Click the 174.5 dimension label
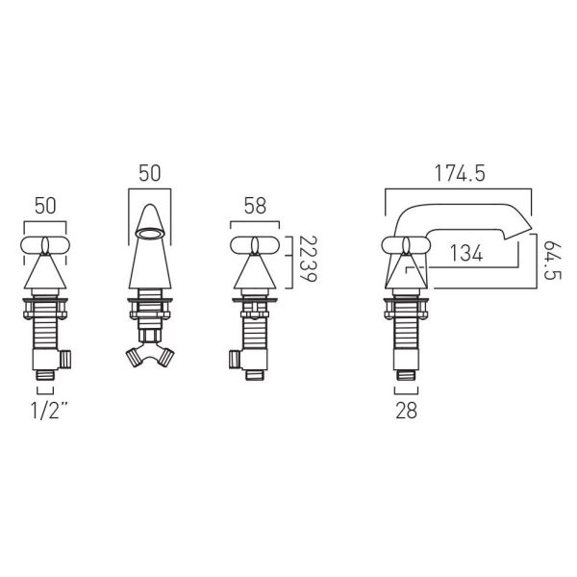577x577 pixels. pos(460,173)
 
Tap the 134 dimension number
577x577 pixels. pos(465,254)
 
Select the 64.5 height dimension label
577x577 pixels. pos(552,261)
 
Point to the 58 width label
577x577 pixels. pos(255,206)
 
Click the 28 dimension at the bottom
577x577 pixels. pos(406,411)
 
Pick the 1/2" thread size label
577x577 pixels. pos(50,411)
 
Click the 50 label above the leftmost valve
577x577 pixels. pos(45,206)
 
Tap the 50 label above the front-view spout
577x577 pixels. pos(149,173)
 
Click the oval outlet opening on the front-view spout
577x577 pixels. pos(150,234)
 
